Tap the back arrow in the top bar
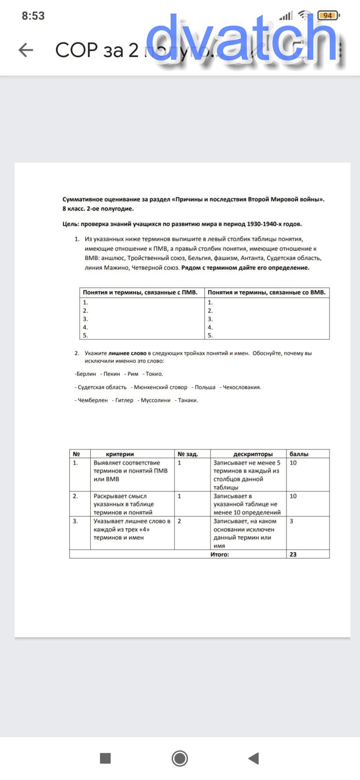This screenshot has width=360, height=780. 26,50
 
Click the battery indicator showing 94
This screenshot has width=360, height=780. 328,15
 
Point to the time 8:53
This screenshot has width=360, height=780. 33,16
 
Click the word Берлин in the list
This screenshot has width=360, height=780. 86,374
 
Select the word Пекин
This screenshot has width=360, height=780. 112,374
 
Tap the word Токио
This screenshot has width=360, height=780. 154,374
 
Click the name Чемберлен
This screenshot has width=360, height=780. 93,400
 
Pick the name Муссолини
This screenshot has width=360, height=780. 156,400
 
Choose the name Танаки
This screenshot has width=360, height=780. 188,400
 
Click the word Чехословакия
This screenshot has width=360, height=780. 242,387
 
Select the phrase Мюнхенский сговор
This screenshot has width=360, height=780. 160,387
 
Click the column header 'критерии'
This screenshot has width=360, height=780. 120,454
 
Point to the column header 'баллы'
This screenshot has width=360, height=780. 299,454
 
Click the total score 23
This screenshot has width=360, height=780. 293,555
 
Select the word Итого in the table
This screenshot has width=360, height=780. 220,555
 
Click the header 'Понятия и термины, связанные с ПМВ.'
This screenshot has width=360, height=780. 140,292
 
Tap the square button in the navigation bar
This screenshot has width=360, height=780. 105,758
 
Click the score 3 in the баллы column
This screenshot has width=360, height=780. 291,521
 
